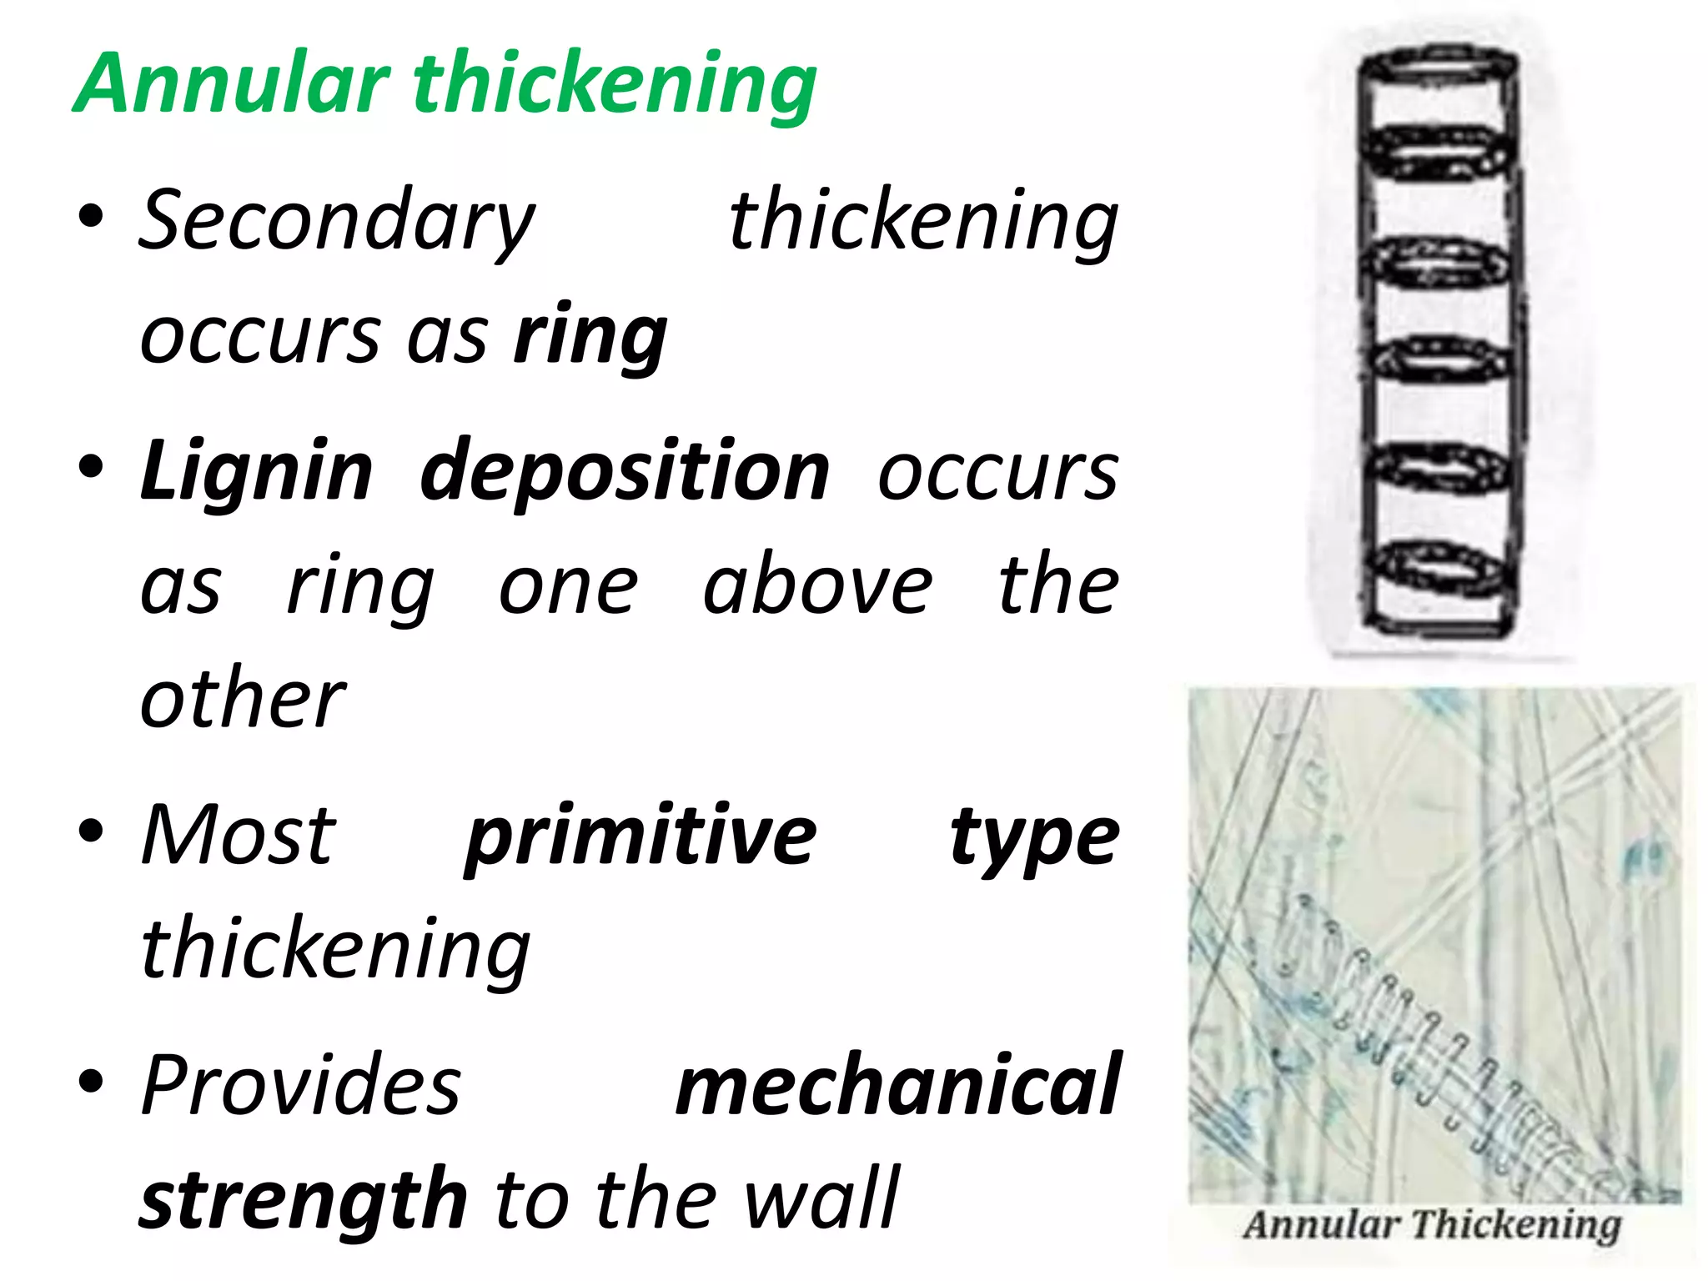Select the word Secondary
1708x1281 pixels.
point(336,222)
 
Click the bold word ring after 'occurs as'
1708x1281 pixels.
point(590,337)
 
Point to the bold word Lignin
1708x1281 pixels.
point(256,471)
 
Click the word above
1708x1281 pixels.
point(817,585)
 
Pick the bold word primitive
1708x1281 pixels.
point(640,836)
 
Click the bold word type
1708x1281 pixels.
point(1034,837)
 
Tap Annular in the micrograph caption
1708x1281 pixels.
point(1320,1225)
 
